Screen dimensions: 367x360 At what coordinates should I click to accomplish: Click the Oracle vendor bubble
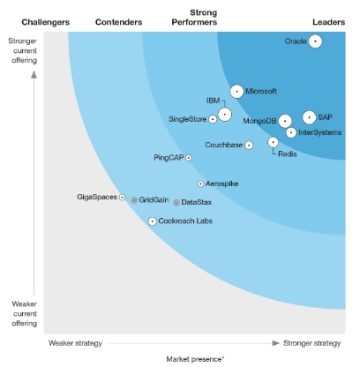tap(315, 41)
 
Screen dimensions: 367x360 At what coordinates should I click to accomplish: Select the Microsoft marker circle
tap(236, 91)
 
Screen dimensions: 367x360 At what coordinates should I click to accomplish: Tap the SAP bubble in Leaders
tap(309, 117)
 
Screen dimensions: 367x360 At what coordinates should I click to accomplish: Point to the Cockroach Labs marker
tap(152, 221)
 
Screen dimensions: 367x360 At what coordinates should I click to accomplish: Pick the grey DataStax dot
tap(176, 202)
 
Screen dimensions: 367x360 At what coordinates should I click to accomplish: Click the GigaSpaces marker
tap(122, 197)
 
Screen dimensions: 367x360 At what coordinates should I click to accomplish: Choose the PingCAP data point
tap(188, 158)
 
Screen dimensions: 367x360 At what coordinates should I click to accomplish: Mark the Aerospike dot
tap(199, 183)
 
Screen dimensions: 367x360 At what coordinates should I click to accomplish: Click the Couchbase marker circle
tap(249, 145)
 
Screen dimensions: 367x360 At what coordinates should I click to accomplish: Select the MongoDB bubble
tap(285, 121)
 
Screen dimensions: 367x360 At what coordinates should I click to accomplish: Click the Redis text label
tap(287, 154)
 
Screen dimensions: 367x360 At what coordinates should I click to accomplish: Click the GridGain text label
tap(154, 200)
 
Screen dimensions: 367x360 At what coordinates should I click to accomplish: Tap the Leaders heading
tap(328, 20)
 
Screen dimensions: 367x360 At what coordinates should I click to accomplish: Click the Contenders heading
tap(117, 20)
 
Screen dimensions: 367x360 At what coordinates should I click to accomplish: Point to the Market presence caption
tap(195, 359)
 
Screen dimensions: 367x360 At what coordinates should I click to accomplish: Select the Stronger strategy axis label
tap(311, 342)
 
